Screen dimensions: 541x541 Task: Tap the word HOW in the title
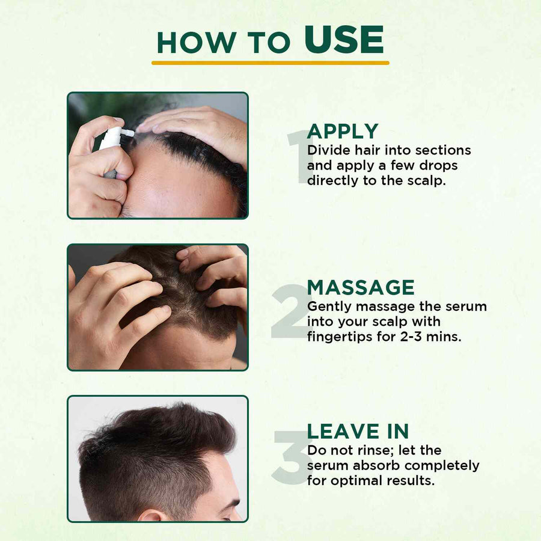tap(197, 43)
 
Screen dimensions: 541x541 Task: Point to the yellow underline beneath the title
tap(270, 63)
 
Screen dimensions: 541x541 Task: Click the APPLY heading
tap(343, 131)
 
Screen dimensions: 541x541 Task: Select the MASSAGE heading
tap(361, 287)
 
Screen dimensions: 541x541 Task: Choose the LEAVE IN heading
tap(358, 431)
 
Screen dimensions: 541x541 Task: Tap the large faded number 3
tap(290, 457)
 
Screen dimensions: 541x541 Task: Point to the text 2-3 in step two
tap(411, 337)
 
